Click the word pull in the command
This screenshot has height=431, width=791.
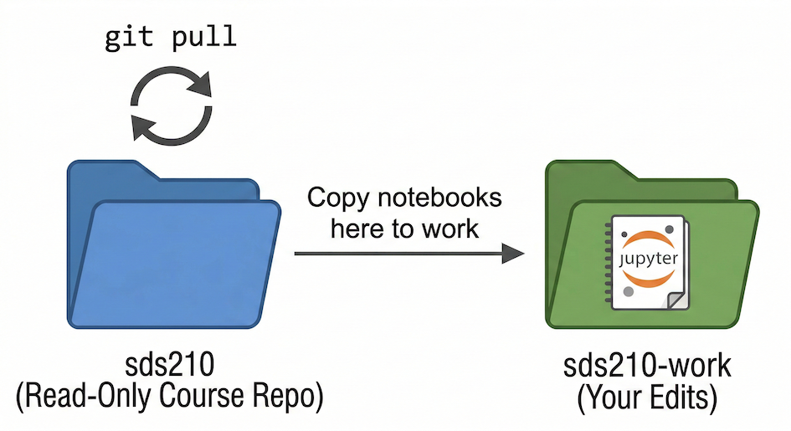[204, 38]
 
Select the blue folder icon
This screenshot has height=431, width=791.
[172, 251]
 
